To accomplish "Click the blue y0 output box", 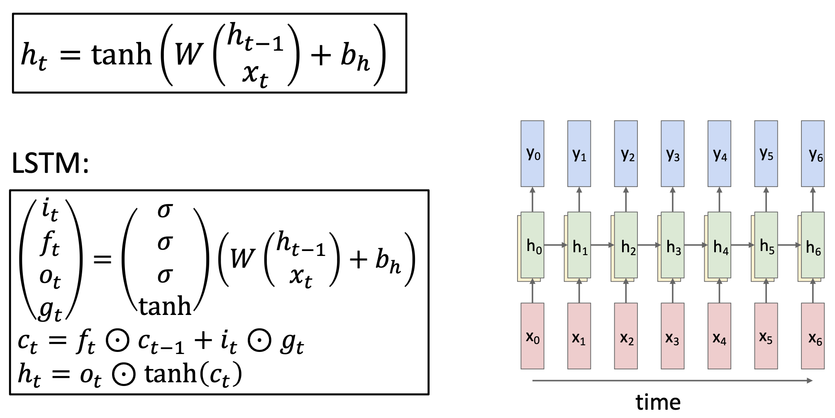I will pos(532,154).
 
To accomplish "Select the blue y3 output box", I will pos(672,154).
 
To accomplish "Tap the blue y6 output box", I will pos(813,154).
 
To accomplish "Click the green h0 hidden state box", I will pos(532,245).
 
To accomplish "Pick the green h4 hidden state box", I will pos(719,245).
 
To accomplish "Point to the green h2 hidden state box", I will pos(626,245).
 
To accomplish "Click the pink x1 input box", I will pos(579,336).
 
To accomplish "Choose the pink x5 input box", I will pos(766,336).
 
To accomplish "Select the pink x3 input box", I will pos(672,336).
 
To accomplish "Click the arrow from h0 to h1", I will pos(555,245).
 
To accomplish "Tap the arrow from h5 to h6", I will pos(789,245).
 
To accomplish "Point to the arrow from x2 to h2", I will pos(626,291).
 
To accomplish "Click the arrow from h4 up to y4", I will pos(719,199).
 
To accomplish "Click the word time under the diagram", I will pos(658,402).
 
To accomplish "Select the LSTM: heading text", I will pos(50,163).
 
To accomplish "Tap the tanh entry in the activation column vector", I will pos(165,307).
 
